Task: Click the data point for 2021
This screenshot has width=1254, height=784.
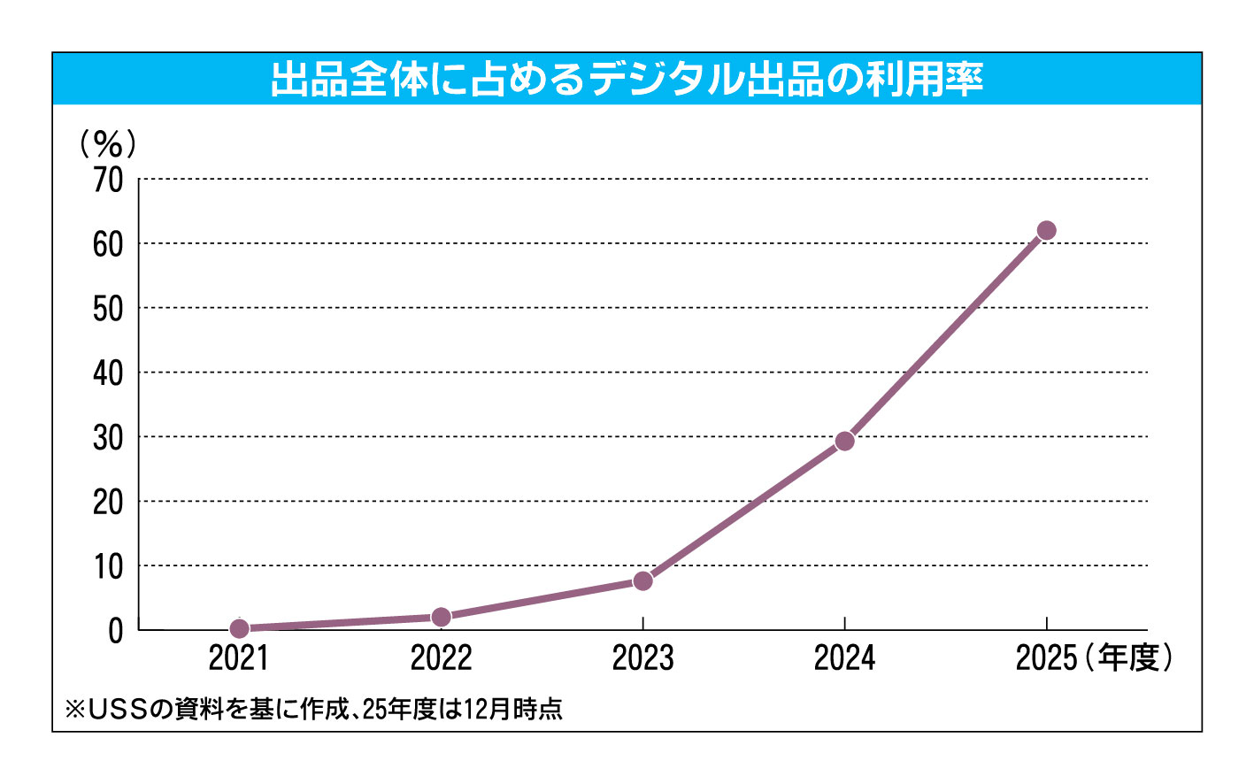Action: click(x=239, y=628)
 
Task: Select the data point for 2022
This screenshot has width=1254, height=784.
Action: click(x=441, y=617)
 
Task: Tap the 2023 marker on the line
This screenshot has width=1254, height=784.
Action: click(x=643, y=581)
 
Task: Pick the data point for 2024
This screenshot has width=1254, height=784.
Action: click(x=845, y=441)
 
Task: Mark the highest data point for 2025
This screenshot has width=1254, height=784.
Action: click(x=1046, y=231)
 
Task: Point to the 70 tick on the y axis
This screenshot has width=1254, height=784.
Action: click(x=108, y=181)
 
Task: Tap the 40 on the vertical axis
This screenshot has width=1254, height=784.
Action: click(x=108, y=373)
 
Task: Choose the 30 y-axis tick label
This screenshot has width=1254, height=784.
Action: click(x=108, y=438)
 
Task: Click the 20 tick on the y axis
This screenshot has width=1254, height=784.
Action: click(x=108, y=503)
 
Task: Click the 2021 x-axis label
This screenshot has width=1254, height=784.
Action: click(x=239, y=658)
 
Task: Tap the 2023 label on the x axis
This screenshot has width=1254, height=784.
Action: click(x=643, y=658)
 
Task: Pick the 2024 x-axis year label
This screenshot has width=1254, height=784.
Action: click(x=845, y=658)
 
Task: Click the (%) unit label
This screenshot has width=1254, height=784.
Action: click(x=107, y=142)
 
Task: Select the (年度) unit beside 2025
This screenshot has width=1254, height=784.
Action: click(x=1129, y=657)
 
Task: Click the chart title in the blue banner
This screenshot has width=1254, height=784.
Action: click(x=627, y=80)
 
